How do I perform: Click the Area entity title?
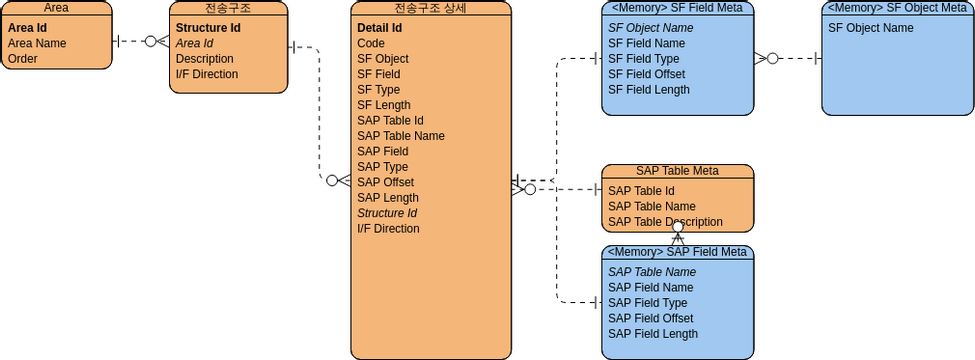(x=56, y=8)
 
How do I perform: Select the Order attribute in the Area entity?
(x=22, y=59)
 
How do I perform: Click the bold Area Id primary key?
(x=28, y=28)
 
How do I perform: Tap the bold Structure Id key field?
(x=207, y=28)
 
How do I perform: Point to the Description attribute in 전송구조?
(x=204, y=59)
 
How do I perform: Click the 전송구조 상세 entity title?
(x=430, y=8)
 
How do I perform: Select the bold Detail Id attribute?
(x=379, y=28)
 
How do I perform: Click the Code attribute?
(x=371, y=44)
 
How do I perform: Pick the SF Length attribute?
(x=383, y=105)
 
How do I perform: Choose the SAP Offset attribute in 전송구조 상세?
(x=385, y=182)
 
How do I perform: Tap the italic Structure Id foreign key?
(x=386, y=213)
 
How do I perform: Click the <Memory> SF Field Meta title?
(x=677, y=8)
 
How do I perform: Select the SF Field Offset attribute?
(x=646, y=74)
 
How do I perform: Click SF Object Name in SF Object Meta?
(x=870, y=28)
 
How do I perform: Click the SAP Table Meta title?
(x=677, y=171)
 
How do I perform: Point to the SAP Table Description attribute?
(x=665, y=222)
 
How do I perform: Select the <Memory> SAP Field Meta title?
(x=677, y=252)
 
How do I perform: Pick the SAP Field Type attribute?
(x=647, y=303)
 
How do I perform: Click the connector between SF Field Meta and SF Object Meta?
(x=795, y=59)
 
